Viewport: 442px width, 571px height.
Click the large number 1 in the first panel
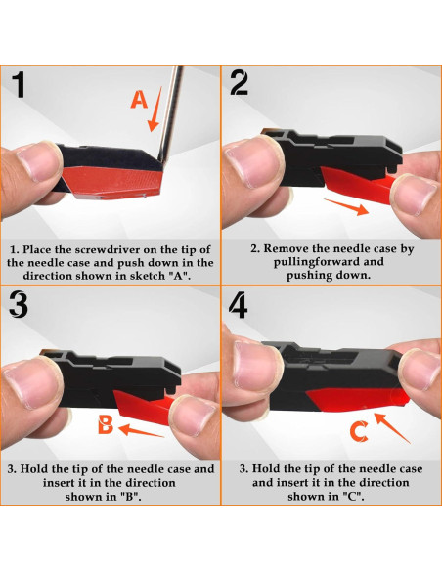click(x=19, y=85)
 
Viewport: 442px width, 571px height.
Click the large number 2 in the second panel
click(x=240, y=83)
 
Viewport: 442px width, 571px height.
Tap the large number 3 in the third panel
click(x=19, y=305)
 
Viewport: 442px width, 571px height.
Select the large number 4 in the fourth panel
click(x=239, y=305)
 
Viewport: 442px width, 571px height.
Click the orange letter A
click(x=139, y=100)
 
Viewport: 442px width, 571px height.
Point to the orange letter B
click(x=106, y=425)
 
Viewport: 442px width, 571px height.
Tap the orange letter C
click(x=359, y=431)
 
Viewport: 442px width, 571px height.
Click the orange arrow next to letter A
click(x=155, y=110)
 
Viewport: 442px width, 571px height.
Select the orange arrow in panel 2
click(x=346, y=207)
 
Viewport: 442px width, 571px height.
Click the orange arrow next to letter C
click(x=392, y=427)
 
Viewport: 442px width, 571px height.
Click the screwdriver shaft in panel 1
click(x=171, y=112)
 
